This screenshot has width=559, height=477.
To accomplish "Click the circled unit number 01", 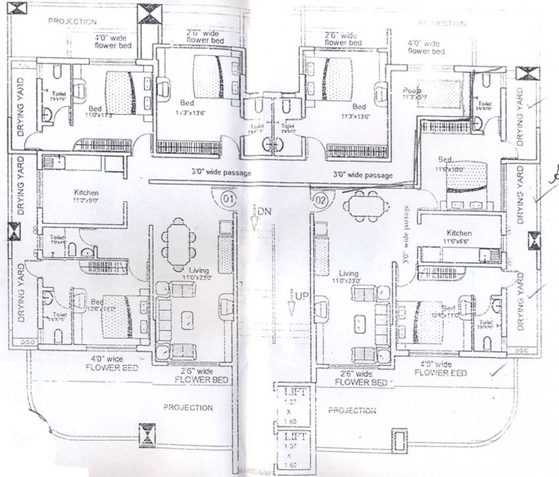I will pyautogui.click(x=228, y=198).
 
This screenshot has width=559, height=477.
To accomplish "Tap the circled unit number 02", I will pyautogui.click(x=321, y=197).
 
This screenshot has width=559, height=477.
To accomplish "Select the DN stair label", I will pyautogui.click(x=264, y=212).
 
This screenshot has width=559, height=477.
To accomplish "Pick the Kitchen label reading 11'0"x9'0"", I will pyautogui.click(x=86, y=197).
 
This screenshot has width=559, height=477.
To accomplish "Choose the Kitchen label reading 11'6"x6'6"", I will pyautogui.click(x=459, y=238).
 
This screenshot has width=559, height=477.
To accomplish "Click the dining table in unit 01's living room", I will pyautogui.click(x=178, y=244).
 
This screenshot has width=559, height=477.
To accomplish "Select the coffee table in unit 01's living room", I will pyautogui.click(x=188, y=320).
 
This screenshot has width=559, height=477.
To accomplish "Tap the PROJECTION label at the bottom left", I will pyautogui.click(x=188, y=408).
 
